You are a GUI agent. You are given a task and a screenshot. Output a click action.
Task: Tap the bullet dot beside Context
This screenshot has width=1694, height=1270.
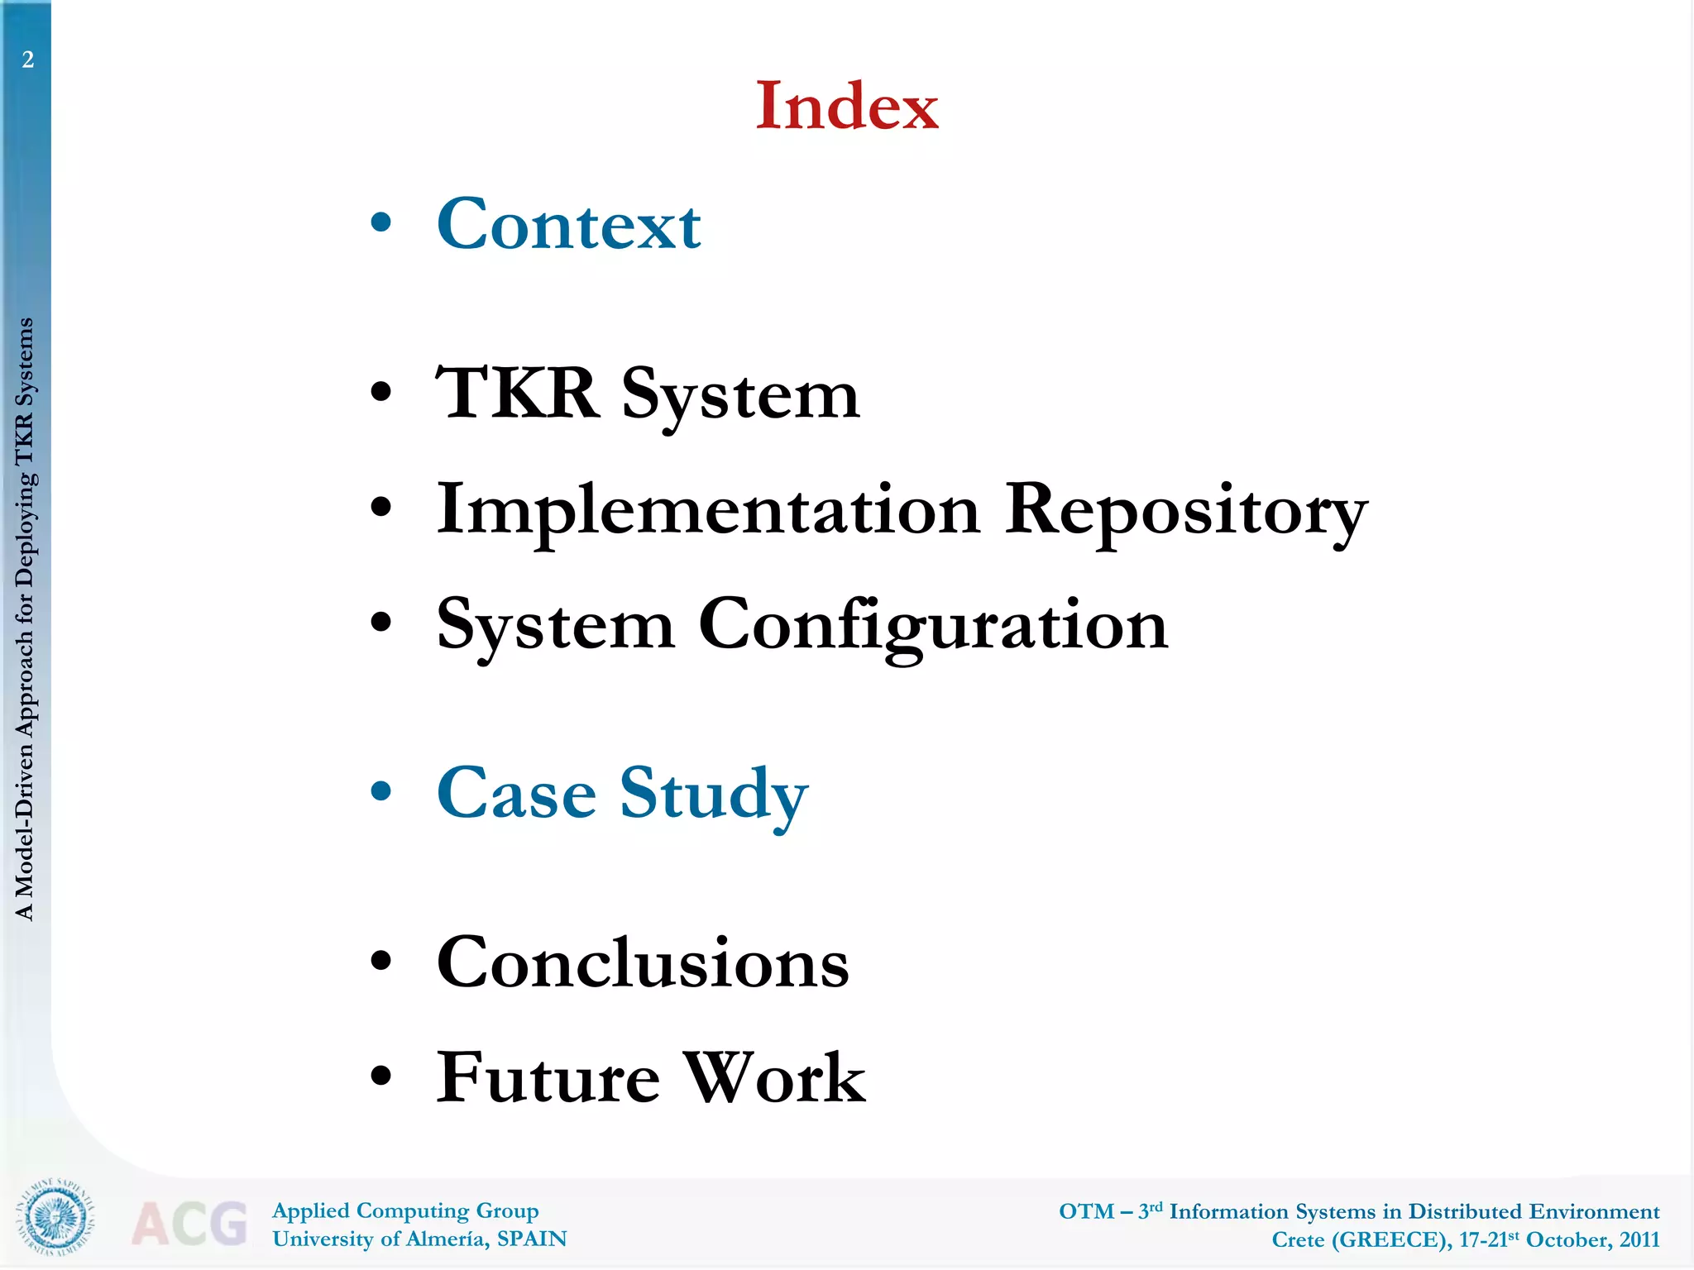pos(380,222)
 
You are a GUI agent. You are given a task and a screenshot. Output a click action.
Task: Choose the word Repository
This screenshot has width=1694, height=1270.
pos(1186,510)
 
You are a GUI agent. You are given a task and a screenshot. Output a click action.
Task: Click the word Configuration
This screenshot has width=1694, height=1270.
pos(933,625)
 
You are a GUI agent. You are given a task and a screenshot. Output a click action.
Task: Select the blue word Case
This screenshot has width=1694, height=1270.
pos(516,793)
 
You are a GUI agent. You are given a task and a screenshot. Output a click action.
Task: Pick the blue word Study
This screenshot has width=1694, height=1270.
pos(714,795)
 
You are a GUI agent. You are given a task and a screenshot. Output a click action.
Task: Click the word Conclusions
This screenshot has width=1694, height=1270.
pos(643,962)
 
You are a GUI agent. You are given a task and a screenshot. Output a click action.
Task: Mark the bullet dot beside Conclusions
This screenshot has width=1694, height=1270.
pos(380,961)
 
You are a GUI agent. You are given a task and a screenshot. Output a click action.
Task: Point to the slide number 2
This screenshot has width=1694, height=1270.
pos(28,60)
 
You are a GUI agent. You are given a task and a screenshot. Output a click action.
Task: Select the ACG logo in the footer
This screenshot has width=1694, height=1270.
pos(189,1223)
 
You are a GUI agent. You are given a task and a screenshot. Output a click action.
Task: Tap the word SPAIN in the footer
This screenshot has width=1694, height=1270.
pos(532,1239)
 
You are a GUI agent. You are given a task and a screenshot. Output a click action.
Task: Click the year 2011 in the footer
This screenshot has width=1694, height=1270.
pos(1639,1239)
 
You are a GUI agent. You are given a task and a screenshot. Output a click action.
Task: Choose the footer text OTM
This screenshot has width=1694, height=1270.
pos(1086,1211)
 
